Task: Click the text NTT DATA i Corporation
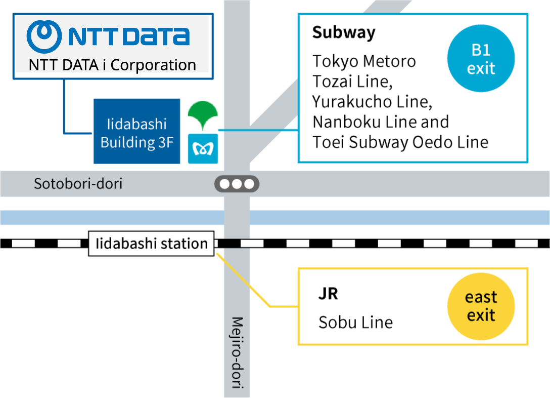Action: pyautogui.click(x=112, y=65)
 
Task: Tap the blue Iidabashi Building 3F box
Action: pyautogui.click(x=136, y=132)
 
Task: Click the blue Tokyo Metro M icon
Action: pyautogui.click(x=203, y=149)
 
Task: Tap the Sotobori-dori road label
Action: pyautogui.click(x=78, y=183)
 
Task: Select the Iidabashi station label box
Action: pyautogui.click(x=151, y=244)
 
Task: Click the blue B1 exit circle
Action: pyautogui.click(x=481, y=59)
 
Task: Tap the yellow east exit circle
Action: pyautogui.click(x=481, y=306)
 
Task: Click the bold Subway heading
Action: pyautogui.click(x=344, y=32)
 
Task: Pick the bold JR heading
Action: pyautogui.click(x=328, y=294)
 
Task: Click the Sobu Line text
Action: pyautogui.click(x=355, y=322)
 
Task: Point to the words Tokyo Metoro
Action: pyautogui.click(x=364, y=61)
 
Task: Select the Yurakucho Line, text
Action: pyautogui.click(x=373, y=102)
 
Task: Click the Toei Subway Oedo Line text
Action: pyautogui.click(x=400, y=142)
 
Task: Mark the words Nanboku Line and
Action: pyautogui.click(x=381, y=122)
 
